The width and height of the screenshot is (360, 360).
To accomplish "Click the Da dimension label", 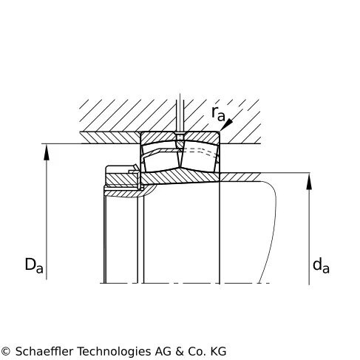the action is coord(34,265).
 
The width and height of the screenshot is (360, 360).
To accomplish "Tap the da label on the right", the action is coord(321,265).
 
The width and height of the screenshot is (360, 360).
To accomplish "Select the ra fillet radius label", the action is coord(218,114).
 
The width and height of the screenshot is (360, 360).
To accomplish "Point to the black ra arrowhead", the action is coord(227,124).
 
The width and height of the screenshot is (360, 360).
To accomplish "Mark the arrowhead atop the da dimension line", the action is coord(309,181).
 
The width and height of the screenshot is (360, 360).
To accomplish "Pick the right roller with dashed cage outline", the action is coord(199,158).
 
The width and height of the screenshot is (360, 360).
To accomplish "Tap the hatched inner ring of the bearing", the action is coord(180,177).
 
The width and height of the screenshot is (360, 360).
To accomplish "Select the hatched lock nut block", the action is coord(121,180).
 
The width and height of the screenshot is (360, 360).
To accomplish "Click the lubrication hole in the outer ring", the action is coord(180,139).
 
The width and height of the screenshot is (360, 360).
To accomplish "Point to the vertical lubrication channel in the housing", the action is coord(180,113).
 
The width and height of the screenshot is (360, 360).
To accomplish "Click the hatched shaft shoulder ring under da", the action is coord(240,177).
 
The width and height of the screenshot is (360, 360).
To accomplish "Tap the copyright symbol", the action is coord(5,351).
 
